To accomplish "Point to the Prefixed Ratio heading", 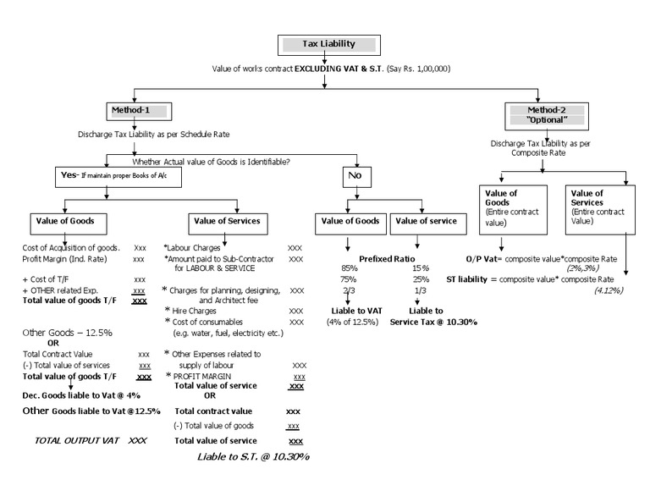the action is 387,259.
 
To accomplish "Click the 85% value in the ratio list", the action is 349,268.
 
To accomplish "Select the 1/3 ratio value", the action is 421,290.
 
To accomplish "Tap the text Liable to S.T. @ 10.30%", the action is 253,457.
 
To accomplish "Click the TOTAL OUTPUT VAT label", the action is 77,440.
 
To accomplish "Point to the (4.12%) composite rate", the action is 609,290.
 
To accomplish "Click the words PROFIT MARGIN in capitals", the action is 202,377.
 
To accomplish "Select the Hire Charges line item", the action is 194,311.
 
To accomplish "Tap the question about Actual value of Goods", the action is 211,162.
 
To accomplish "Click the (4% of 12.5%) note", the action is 352,322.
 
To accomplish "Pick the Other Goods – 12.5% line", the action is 67,333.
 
